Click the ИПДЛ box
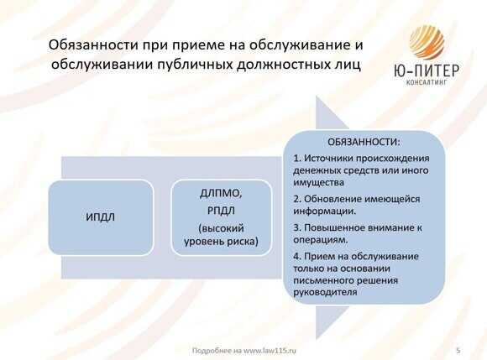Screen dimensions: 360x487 click(x=101, y=217)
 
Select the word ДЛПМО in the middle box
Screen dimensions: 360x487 click(x=221, y=194)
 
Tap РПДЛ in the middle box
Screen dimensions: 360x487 click(x=221, y=211)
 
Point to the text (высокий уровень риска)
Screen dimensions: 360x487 click(x=221, y=236)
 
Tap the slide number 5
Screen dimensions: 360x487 click(x=458, y=348)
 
